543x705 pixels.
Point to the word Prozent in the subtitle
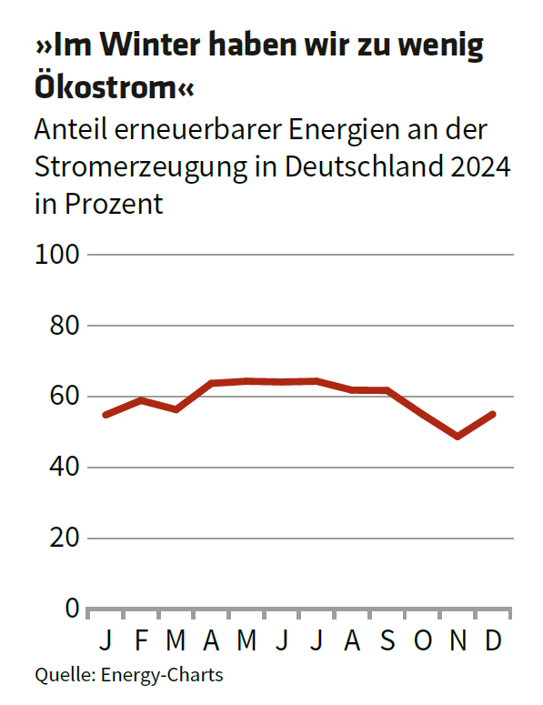[114, 204]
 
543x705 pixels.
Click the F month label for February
[141, 641]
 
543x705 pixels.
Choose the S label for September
[387, 641]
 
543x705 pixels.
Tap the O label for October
[423, 641]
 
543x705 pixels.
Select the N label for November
[458, 641]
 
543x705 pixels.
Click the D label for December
[493, 641]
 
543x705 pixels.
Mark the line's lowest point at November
[458, 437]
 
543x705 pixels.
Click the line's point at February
[141, 400]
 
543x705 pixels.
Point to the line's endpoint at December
[493, 414]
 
